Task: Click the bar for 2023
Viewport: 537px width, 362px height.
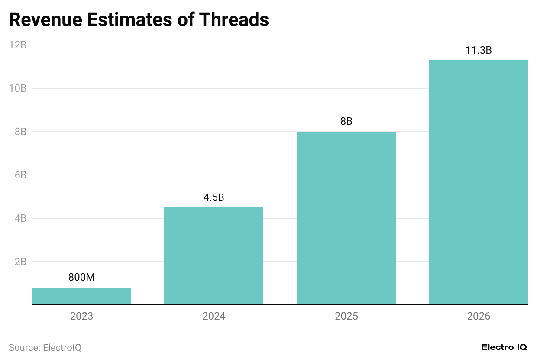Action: [x=81, y=296]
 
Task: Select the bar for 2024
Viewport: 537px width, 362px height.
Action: [x=214, y=256]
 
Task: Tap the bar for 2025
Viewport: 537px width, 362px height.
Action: [x=346, y=218]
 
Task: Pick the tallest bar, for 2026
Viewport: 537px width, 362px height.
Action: [x=479, y=182]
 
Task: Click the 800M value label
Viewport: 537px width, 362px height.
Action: [x=81, y=278]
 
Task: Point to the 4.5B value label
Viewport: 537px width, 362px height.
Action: [x=214, y=198]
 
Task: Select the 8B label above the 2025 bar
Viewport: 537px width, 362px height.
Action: [x=346, y=122]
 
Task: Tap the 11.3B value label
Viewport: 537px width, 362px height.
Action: [x=479, y=50]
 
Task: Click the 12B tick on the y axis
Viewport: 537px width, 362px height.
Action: [x=18, y=45]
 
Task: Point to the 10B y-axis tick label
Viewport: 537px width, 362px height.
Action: [x=18, y=88]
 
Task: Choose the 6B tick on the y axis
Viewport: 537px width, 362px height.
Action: [x=20, y=175]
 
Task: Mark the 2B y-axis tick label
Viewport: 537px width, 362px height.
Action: [x=20, y=262]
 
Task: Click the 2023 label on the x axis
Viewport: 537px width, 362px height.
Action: [x=81, y=317]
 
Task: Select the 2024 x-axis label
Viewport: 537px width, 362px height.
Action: [x=214, y=317]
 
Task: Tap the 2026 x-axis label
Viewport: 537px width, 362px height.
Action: [x=479, y=317]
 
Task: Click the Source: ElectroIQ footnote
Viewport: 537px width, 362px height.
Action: [x=45, y=347]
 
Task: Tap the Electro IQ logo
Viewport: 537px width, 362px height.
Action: [x=504, y=347]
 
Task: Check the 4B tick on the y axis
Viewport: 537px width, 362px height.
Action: [x=20, y=218]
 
